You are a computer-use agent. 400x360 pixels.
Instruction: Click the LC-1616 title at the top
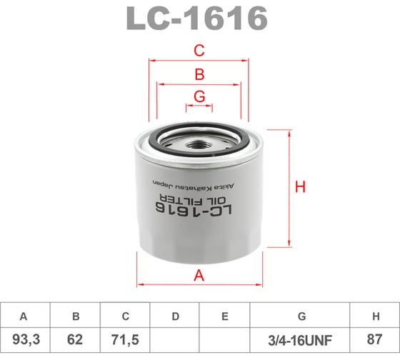[x=197, y=19]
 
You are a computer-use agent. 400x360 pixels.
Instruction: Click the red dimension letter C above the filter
[x=199, y=51]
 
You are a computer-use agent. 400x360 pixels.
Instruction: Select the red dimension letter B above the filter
[x=199, y=74]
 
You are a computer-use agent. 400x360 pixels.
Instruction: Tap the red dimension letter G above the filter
[x=199, y=96]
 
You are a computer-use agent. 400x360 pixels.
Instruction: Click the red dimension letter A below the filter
[x=199, y=276]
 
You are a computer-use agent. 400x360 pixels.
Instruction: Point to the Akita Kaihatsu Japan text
[x=196, y=183]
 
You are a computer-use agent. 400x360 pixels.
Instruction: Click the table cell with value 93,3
[x=24, y=338]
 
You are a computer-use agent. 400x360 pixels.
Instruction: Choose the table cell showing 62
[x=74, y=338]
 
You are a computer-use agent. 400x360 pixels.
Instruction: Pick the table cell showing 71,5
[x=124, y=338]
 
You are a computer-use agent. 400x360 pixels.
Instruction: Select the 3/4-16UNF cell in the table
[x=300, y=338]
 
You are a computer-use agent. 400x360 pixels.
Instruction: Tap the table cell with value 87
[x=375, y=338]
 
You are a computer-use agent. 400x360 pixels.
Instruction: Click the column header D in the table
[x=174, y=316]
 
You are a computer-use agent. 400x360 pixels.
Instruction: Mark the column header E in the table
[x=224, y=316]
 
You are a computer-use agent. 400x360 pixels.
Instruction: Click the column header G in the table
[x=300, y=316]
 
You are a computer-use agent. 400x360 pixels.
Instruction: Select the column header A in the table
[x=24, y=316]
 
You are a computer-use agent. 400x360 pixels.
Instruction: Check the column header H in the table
[x=375, y=316]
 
